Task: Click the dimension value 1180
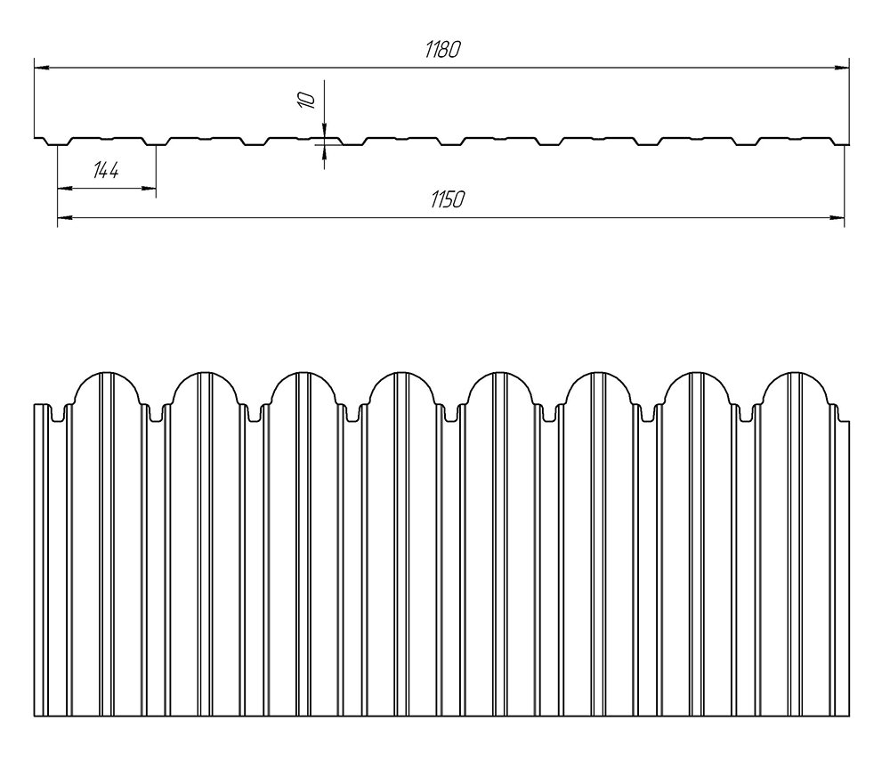pos(442,51)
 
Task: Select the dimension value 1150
pos(448,200)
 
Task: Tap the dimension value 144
pos(106,171)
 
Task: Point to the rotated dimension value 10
pos(307,99)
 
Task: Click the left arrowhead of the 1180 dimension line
pos(41,67)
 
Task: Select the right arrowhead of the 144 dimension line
pos(150,188)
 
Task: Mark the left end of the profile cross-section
pos(36,138)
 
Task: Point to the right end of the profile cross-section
pos(847,138)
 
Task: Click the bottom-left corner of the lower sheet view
pos(35,716)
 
